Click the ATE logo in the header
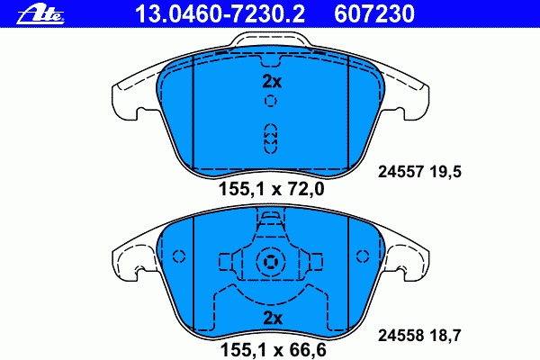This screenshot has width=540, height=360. (x=40, y=14)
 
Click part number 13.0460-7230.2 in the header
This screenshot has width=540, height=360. (x=220, y=14)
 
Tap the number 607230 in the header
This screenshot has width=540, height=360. (x=374, y=14)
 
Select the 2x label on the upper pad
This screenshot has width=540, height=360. (x=272, y=82)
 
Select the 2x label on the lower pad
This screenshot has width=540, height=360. (x=272, y=318)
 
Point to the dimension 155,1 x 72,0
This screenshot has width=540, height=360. (x=272, y=189)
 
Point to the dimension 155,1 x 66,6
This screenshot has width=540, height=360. (x=273, y=350)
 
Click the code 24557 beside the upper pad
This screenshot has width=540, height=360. (x=400, y=172)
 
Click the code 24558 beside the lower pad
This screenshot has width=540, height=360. (x=400, y=335)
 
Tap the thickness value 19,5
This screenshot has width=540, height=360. (x=445, y=172)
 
